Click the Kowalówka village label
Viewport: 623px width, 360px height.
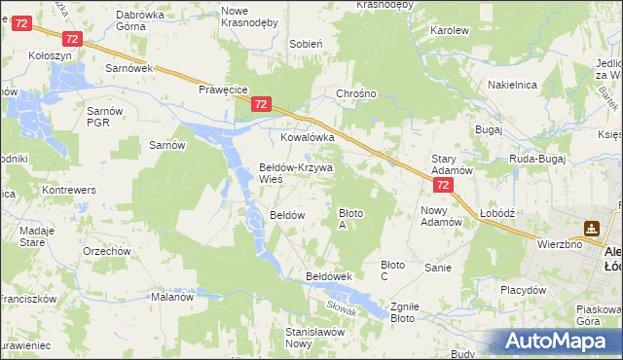click(x=308, y=138)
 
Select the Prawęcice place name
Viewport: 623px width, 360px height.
click(x=223, y=88)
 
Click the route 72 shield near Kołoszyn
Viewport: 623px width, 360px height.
click(x=71, y=38)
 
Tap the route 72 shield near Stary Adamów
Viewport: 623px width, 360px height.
click(x=443, y=184)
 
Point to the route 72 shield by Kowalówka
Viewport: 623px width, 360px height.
click(x=260, y=103)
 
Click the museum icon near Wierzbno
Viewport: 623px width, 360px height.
click(x=590, y=229)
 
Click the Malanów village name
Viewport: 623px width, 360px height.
click(x=171, y=298)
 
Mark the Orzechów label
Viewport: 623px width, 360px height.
click(x=107, y=251)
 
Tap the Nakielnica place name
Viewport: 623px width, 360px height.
click(x=513, y=85)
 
